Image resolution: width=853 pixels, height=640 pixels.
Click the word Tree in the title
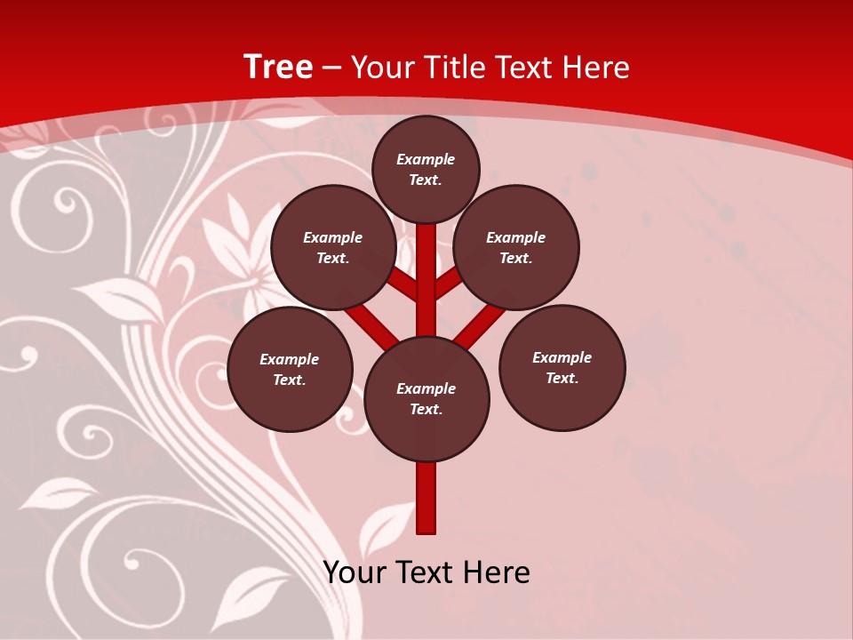pos(278,67)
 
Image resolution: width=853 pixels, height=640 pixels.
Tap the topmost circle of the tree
pos(426,169)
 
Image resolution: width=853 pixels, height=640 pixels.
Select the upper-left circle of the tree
pos(333,247)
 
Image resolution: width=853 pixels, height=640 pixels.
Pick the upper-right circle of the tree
pos(516,247)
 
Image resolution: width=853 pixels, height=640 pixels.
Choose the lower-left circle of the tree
pos(290,369)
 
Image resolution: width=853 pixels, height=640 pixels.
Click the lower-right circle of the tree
pos(562,367)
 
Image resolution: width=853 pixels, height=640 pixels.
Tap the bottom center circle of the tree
pos(426,399)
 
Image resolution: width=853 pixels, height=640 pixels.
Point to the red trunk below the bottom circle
pos(426,498)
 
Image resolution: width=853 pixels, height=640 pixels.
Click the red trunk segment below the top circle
pos(426,267)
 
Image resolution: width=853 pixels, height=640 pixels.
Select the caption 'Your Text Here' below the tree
pos(426,572)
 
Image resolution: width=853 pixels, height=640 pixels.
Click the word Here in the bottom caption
pos(496,572)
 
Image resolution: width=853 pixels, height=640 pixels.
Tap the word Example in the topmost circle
pos(426,159)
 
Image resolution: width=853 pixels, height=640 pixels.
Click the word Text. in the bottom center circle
pos(426,410)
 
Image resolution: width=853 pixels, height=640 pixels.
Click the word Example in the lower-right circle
pos(562,357)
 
